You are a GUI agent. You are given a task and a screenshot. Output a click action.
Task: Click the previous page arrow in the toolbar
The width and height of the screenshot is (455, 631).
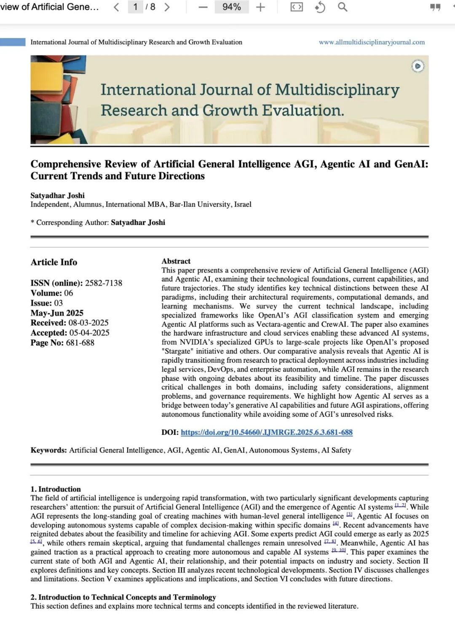click(117, 7)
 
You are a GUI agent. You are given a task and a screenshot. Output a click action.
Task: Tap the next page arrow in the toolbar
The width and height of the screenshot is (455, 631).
click(167, 7)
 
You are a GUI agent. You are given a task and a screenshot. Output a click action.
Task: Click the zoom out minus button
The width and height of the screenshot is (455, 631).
click(203, 7)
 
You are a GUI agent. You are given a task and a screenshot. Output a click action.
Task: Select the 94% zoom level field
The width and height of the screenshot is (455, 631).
click(231, 7)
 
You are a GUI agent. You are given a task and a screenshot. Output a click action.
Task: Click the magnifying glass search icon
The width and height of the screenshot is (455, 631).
click(343, 7)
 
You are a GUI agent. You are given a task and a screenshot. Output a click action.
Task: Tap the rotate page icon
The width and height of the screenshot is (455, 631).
click(320, 7)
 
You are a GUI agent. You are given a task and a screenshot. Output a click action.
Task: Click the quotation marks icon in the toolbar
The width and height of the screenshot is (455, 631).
click(435, 7)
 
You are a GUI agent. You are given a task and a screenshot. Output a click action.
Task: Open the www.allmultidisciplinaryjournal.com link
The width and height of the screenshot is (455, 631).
click(372, 42)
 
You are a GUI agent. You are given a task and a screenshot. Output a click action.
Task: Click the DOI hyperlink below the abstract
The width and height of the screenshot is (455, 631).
click(266, 432)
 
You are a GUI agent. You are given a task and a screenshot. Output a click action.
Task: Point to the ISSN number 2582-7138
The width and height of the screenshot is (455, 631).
click(104, 283)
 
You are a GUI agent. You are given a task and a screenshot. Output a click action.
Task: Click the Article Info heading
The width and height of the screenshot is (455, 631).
click(54, 262)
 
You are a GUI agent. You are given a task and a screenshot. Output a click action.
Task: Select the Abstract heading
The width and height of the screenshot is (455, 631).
click(176, 261)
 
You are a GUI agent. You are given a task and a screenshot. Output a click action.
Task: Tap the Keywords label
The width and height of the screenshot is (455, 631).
click(48, 450)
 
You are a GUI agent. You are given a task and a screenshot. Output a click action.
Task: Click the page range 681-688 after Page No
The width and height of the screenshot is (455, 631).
click(80, 343)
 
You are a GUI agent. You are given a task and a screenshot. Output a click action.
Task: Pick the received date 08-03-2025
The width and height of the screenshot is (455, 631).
click(88, 323)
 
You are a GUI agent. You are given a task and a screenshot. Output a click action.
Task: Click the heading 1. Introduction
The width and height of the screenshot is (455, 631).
click(56, 489)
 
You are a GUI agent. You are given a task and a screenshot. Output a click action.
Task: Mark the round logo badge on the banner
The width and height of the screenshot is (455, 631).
click(418, 66)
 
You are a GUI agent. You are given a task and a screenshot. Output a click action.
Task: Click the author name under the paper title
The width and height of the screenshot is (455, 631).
click(57, 195)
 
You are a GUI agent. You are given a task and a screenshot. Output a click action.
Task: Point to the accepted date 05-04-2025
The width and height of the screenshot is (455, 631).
click(89, 333)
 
